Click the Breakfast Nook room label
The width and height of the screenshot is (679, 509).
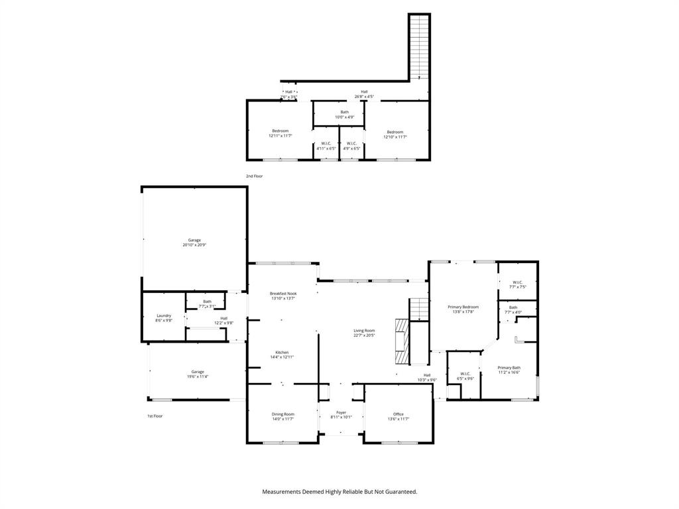click(x=283, y=293)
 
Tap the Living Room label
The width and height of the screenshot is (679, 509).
click(x=364, y=331)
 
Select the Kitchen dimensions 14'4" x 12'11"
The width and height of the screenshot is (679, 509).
click(x=282, y=357)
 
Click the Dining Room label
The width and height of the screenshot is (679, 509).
click(x=283, y=414)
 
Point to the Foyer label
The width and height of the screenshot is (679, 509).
click(x=341, y=412)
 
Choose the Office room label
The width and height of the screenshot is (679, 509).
click(x=398, y=414)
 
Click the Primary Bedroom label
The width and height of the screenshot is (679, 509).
click(x=463, y=307)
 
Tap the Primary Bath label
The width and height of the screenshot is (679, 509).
click(x=509, y=367)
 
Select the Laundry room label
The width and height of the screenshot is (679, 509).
click(x=164, y=315)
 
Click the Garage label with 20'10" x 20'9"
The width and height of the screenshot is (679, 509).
click(x=194, y=240)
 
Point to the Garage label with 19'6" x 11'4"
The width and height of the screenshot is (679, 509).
click(x=198, y=372)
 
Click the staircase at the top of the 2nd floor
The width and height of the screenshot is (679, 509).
click(x=419, y=46)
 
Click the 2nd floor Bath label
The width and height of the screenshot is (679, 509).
click(x=345, y=112)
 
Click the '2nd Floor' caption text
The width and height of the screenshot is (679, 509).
click(x=254, y=176)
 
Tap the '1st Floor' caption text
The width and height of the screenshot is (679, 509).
click(x=154, y=416)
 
